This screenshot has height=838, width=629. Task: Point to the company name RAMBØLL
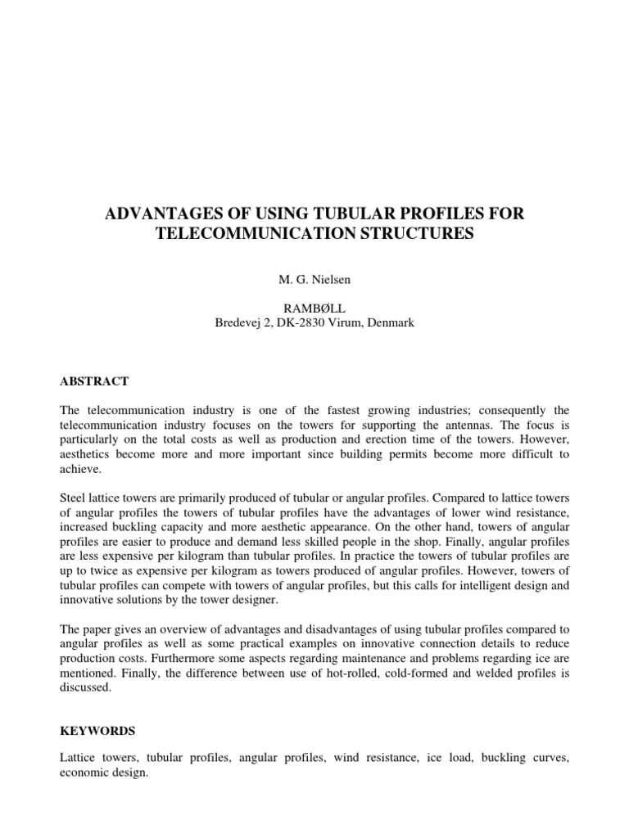[314, 309]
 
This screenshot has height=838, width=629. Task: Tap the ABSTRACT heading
[94, 381]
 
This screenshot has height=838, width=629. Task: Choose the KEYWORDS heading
[97, 730]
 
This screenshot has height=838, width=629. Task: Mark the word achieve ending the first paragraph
[80, 470]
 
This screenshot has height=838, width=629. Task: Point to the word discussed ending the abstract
[87, 688]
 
